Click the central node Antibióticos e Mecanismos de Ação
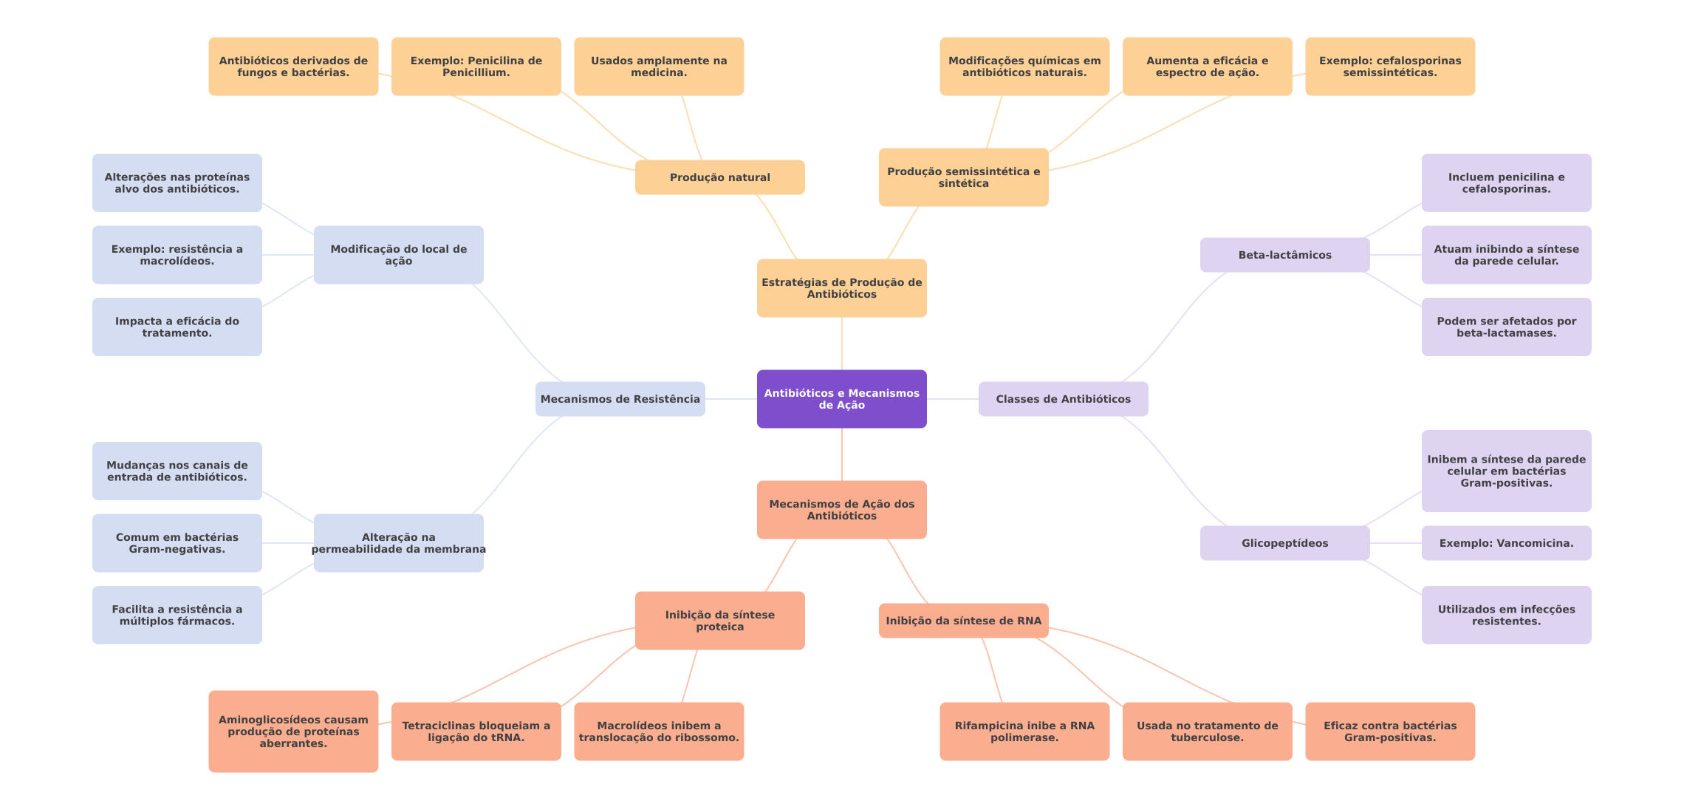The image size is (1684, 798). coord(841,399)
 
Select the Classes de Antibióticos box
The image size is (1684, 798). coord(1063,399)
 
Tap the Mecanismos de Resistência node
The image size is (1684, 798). coord(620,399)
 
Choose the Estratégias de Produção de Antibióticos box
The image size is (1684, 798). coord(841,288)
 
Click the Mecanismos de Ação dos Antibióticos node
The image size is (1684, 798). coord(841,510)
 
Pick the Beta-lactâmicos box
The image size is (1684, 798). coord(1284,255)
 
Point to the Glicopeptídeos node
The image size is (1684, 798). coord(1284,543)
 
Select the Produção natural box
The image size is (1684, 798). coord(719,177)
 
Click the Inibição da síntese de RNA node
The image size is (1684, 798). coord(963,621)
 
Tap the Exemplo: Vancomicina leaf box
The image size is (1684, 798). coord(1506,543)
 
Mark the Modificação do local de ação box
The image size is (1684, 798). coord(398,255)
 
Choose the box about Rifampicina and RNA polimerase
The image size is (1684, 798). coord(1024,731)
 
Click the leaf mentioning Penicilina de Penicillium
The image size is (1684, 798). coord(476,66)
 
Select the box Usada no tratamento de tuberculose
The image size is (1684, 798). coord(1207,731)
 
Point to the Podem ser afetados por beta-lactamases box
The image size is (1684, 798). coord(1506,327)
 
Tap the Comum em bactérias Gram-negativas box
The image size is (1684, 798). coord(177,543)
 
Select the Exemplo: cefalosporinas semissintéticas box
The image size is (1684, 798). coord(1390,66)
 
